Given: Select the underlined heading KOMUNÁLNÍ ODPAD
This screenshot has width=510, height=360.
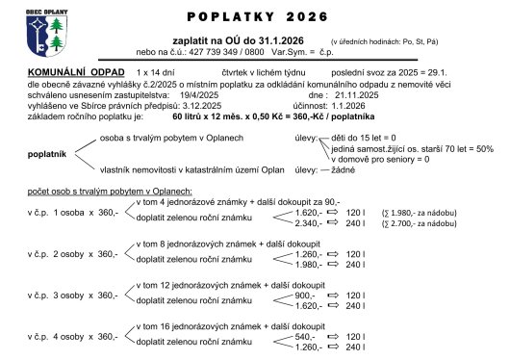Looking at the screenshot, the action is [73, 72].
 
